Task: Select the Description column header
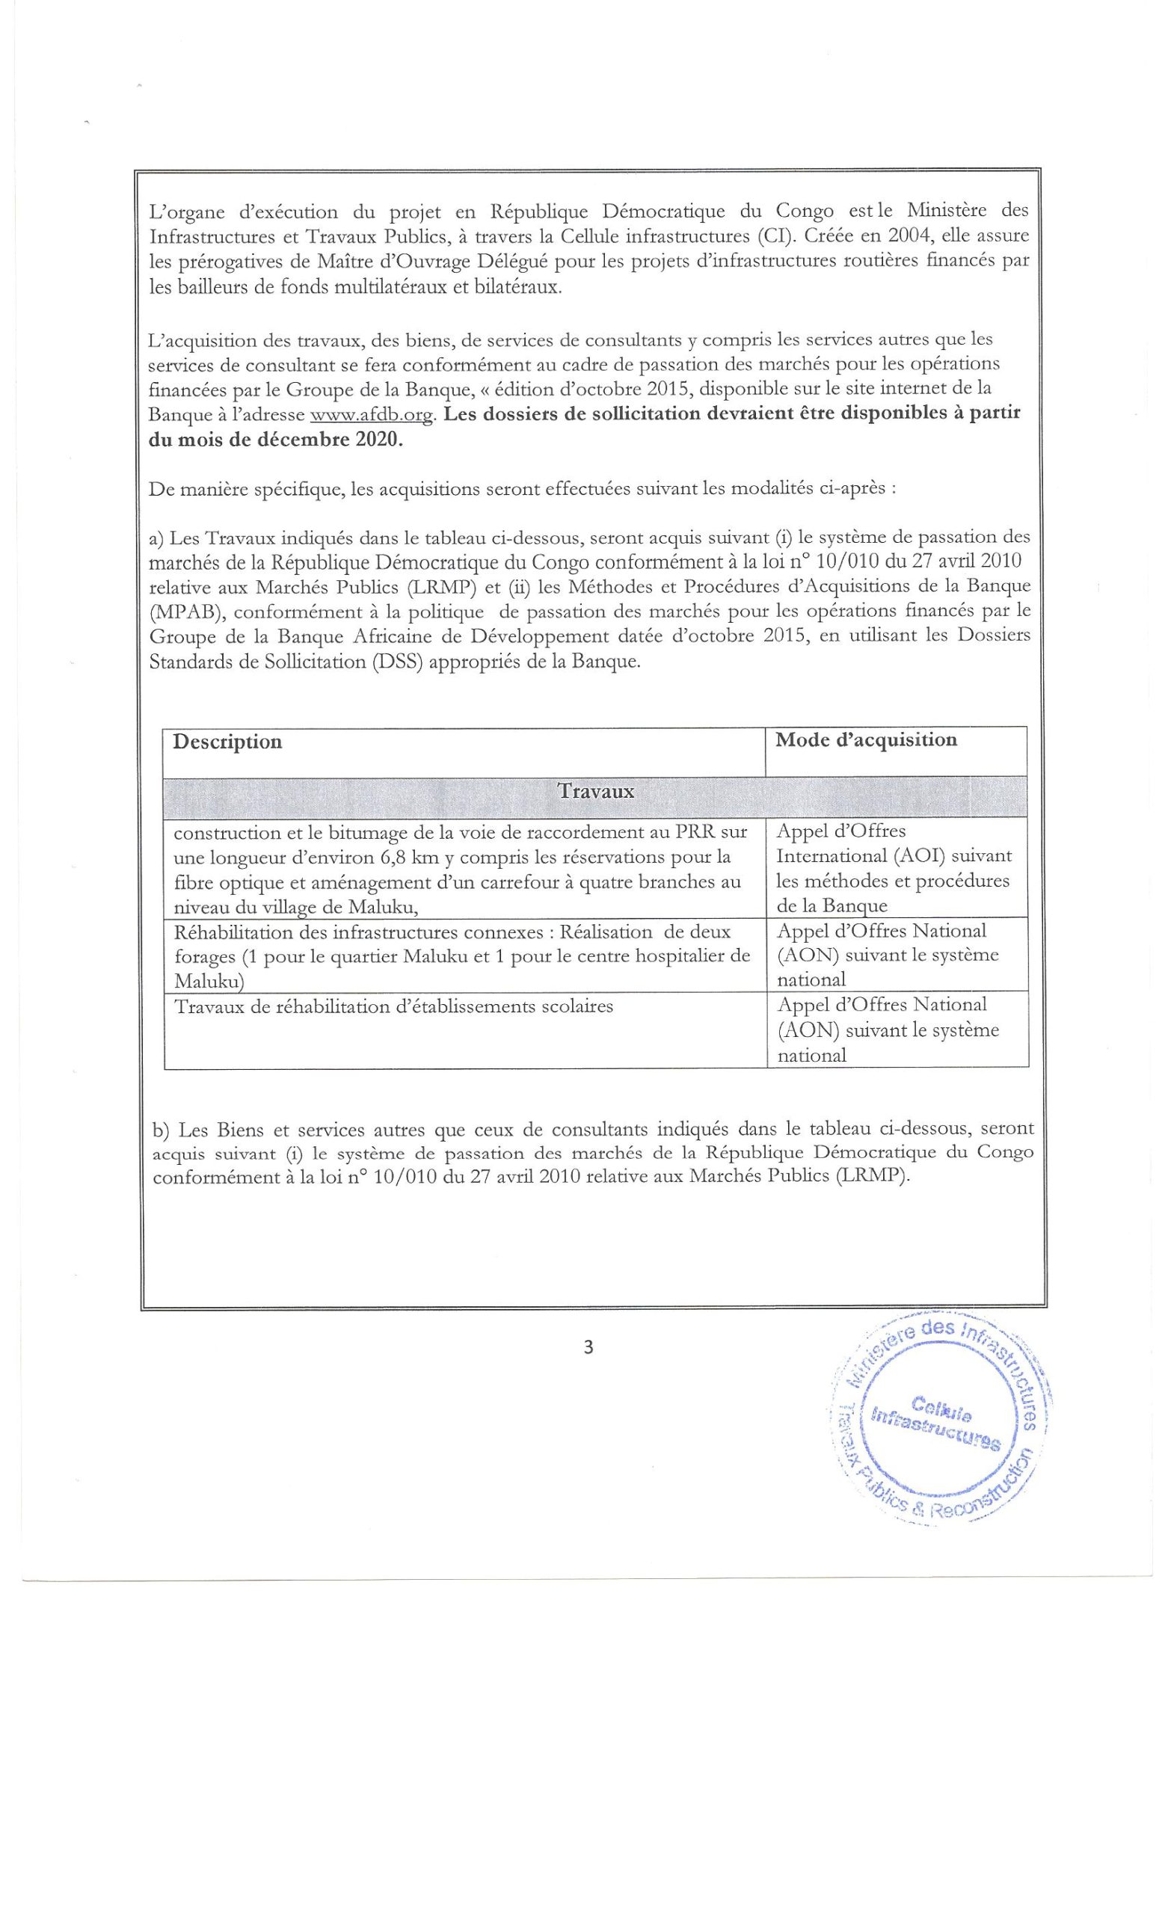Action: [x=227, y=742]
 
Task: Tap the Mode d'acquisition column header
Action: [x=865, y=739]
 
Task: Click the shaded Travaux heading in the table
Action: [x=595, y=793]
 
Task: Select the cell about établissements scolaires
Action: [x=393, y=1006]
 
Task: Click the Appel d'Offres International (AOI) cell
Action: [x=894, y=868]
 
